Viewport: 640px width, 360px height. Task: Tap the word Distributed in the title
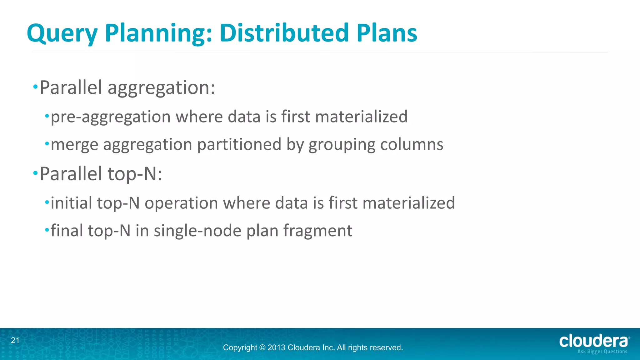click(284, 33)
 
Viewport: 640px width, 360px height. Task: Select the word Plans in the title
click(387, 33)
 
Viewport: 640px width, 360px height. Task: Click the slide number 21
click(15, 341)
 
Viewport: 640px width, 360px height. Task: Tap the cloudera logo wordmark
click(594, 341)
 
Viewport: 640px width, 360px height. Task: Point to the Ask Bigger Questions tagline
click(602, 352)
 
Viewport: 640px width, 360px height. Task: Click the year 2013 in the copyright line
click(276, 347)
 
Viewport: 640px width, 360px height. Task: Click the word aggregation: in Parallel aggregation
click(161, 88)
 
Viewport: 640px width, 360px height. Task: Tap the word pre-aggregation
click(111, 117)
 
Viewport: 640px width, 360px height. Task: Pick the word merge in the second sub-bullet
click(74, 145)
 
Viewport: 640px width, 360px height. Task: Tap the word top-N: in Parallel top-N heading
click(135, 174)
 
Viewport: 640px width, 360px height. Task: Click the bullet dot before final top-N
click(47, 230)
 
